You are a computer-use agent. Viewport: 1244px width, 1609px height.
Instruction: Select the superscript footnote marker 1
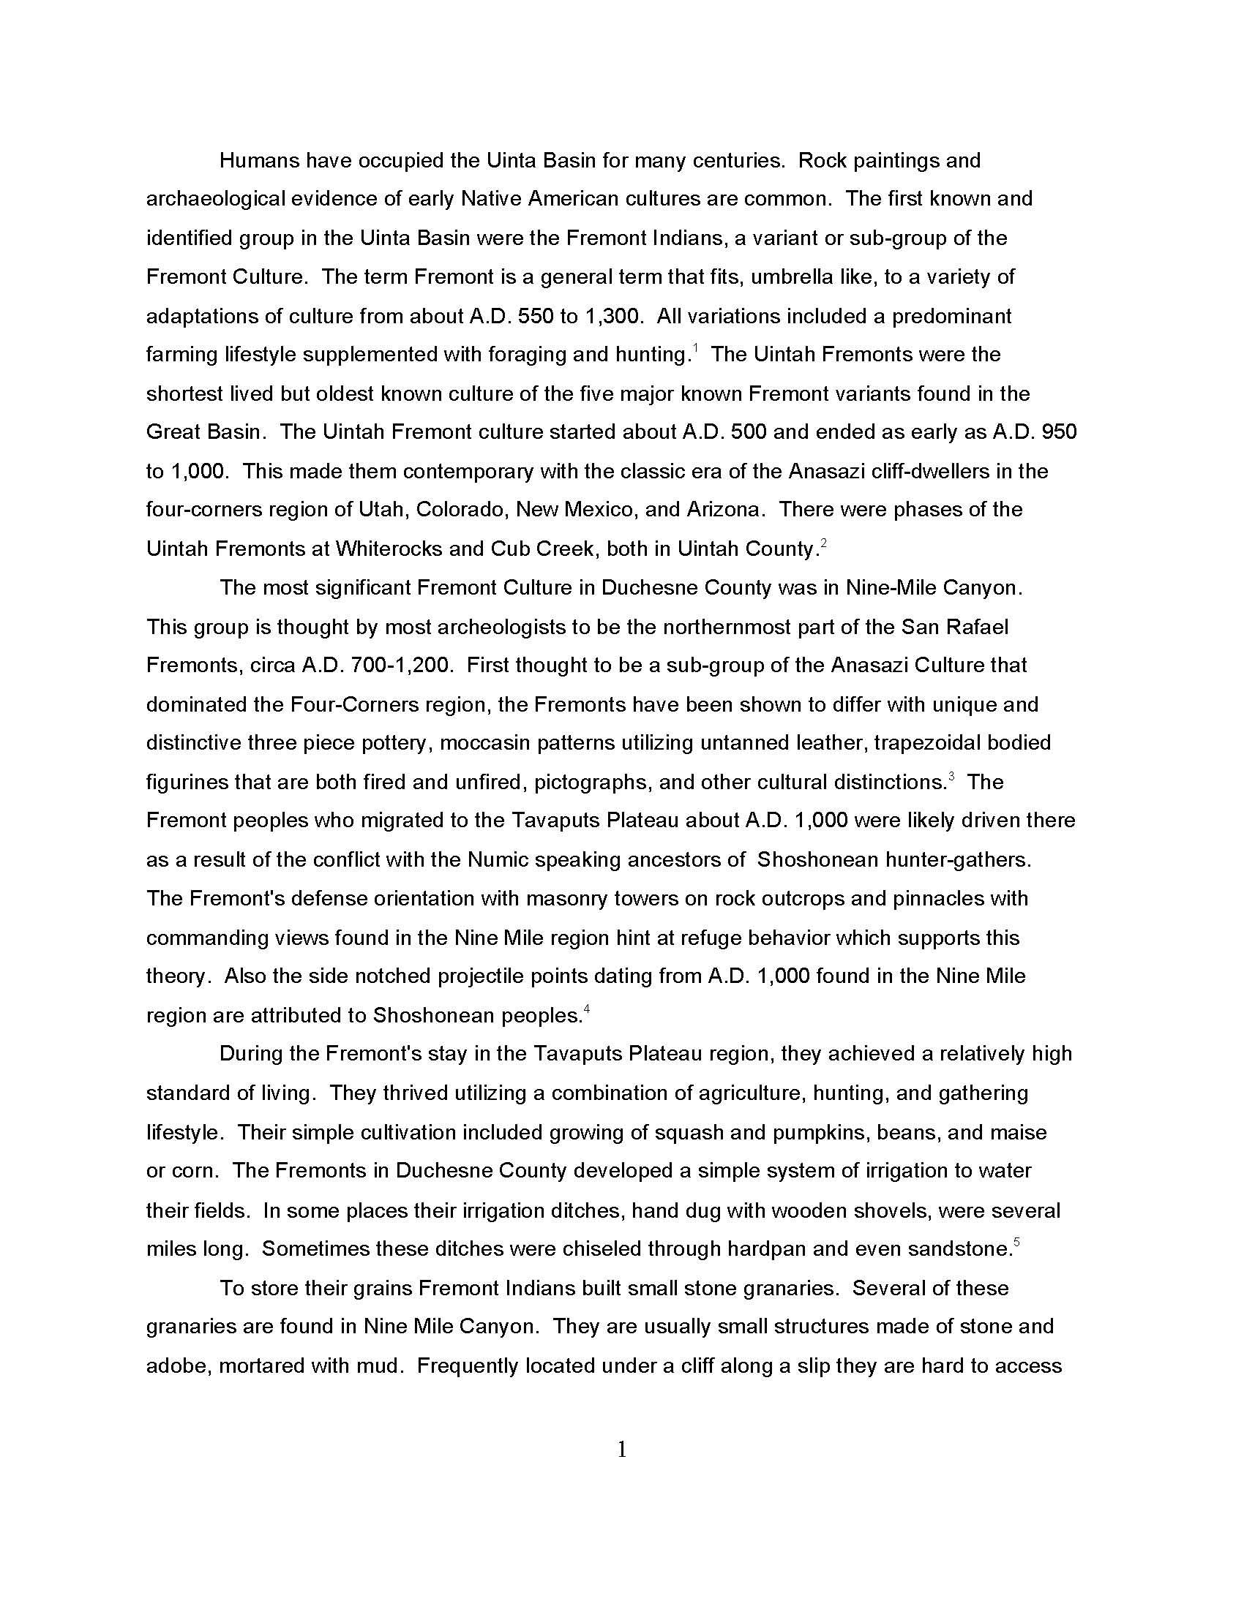695,348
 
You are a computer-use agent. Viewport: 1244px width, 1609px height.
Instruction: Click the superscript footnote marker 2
823,543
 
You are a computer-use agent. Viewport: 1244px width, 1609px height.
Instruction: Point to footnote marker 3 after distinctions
951,777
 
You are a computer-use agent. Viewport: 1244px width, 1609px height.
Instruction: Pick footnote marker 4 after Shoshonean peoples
587,1009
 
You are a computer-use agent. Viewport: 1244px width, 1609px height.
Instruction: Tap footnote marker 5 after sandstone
1016,1243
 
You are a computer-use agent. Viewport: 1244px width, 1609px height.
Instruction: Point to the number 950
1059,432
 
